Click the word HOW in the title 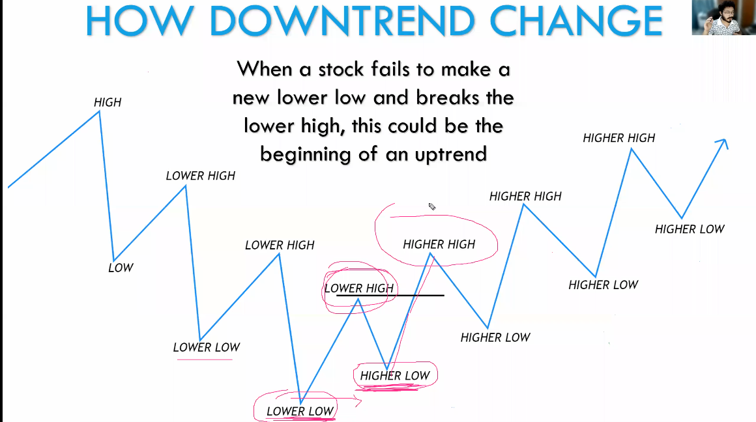(x=140, y=21)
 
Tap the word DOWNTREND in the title (x=343, y=21)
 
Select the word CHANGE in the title (x=576, y=21)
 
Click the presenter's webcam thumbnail (x=723, y=18)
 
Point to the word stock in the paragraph (x=341, y=70)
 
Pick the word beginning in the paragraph (x=306, y=155)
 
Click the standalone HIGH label (x=108, y=102)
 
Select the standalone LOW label (x=121, y=268)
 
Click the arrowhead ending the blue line (x=723, y=143)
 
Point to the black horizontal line (x=390, y=295)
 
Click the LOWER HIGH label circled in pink (x=359, y=288)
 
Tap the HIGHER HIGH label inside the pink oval (x=439, y=244)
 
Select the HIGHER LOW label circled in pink (x=395, y=376)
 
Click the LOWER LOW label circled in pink (x=300, y=412)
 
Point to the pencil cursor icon (x=432, y=206)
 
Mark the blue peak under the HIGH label (x=99, y=112)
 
